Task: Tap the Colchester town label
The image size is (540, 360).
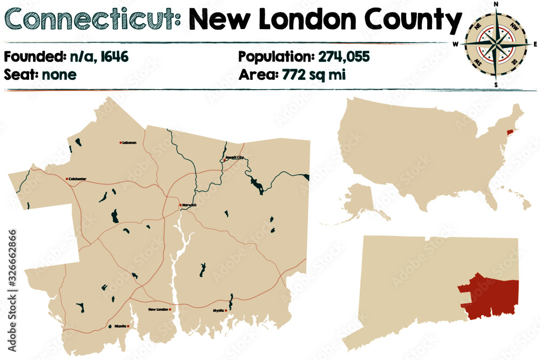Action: [x=77, y=179]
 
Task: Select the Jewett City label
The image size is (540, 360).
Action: [x=235, y=158]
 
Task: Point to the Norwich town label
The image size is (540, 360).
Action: [x=190, y=206]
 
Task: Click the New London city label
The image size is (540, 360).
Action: [x=158, y=309]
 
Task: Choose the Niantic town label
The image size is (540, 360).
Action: [x=120, y=326]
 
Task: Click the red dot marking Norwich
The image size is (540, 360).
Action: [x=180, y=205]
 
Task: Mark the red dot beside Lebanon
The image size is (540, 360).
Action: [x=120, y=142]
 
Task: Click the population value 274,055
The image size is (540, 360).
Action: [x=343, y=56]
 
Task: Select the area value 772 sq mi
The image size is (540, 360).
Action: [x=314, y=74]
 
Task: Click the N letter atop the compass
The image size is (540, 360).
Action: [x=496, y=4]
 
